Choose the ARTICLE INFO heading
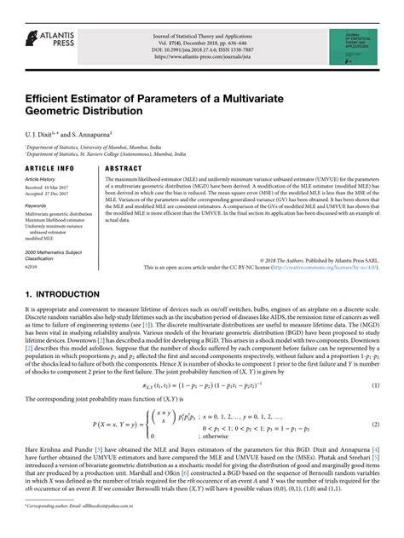point(49,169)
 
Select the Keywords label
point(36,205)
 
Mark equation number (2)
point(375,399)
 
